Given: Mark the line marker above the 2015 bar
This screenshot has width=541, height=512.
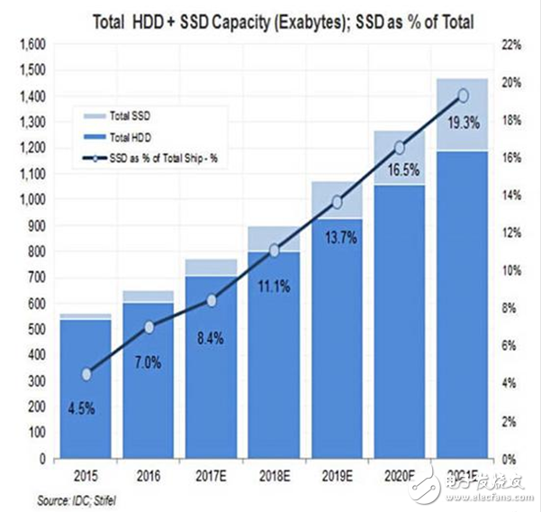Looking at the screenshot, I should click(86, 374).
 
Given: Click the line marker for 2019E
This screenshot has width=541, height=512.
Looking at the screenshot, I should click(338, 202).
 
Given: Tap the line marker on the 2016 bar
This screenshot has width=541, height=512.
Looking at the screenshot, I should click(149, 327).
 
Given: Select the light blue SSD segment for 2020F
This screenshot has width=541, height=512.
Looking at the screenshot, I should click(400, 158).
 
